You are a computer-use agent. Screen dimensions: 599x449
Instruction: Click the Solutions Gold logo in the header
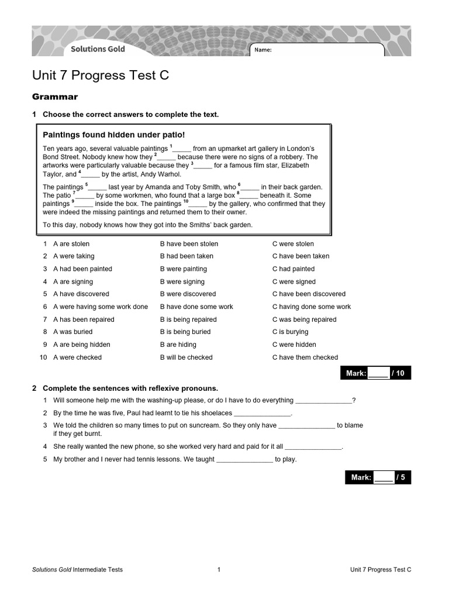(x=98, y=49)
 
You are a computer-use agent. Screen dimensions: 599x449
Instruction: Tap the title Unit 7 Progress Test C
(x=101, y=76)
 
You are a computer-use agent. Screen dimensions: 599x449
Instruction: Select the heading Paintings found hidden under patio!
(x=113, y=135)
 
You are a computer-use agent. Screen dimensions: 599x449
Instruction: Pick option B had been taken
(x=186, y=256)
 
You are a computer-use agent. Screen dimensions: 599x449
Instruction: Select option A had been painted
(x=82, y=269)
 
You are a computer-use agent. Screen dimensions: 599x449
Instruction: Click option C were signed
(x=293, y=282)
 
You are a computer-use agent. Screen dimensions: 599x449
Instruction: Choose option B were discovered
(x=188, y=294)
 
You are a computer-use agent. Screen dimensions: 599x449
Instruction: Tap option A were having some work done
(x=101, y=307)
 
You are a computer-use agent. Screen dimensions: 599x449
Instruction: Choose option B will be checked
(x=186, y=357)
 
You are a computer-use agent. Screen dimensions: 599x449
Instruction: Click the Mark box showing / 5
(x=378, y=477)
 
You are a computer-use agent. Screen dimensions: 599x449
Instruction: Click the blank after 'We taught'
(x=244, y=460)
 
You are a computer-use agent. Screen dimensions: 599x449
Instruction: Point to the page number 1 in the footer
(x=219, y=569)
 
